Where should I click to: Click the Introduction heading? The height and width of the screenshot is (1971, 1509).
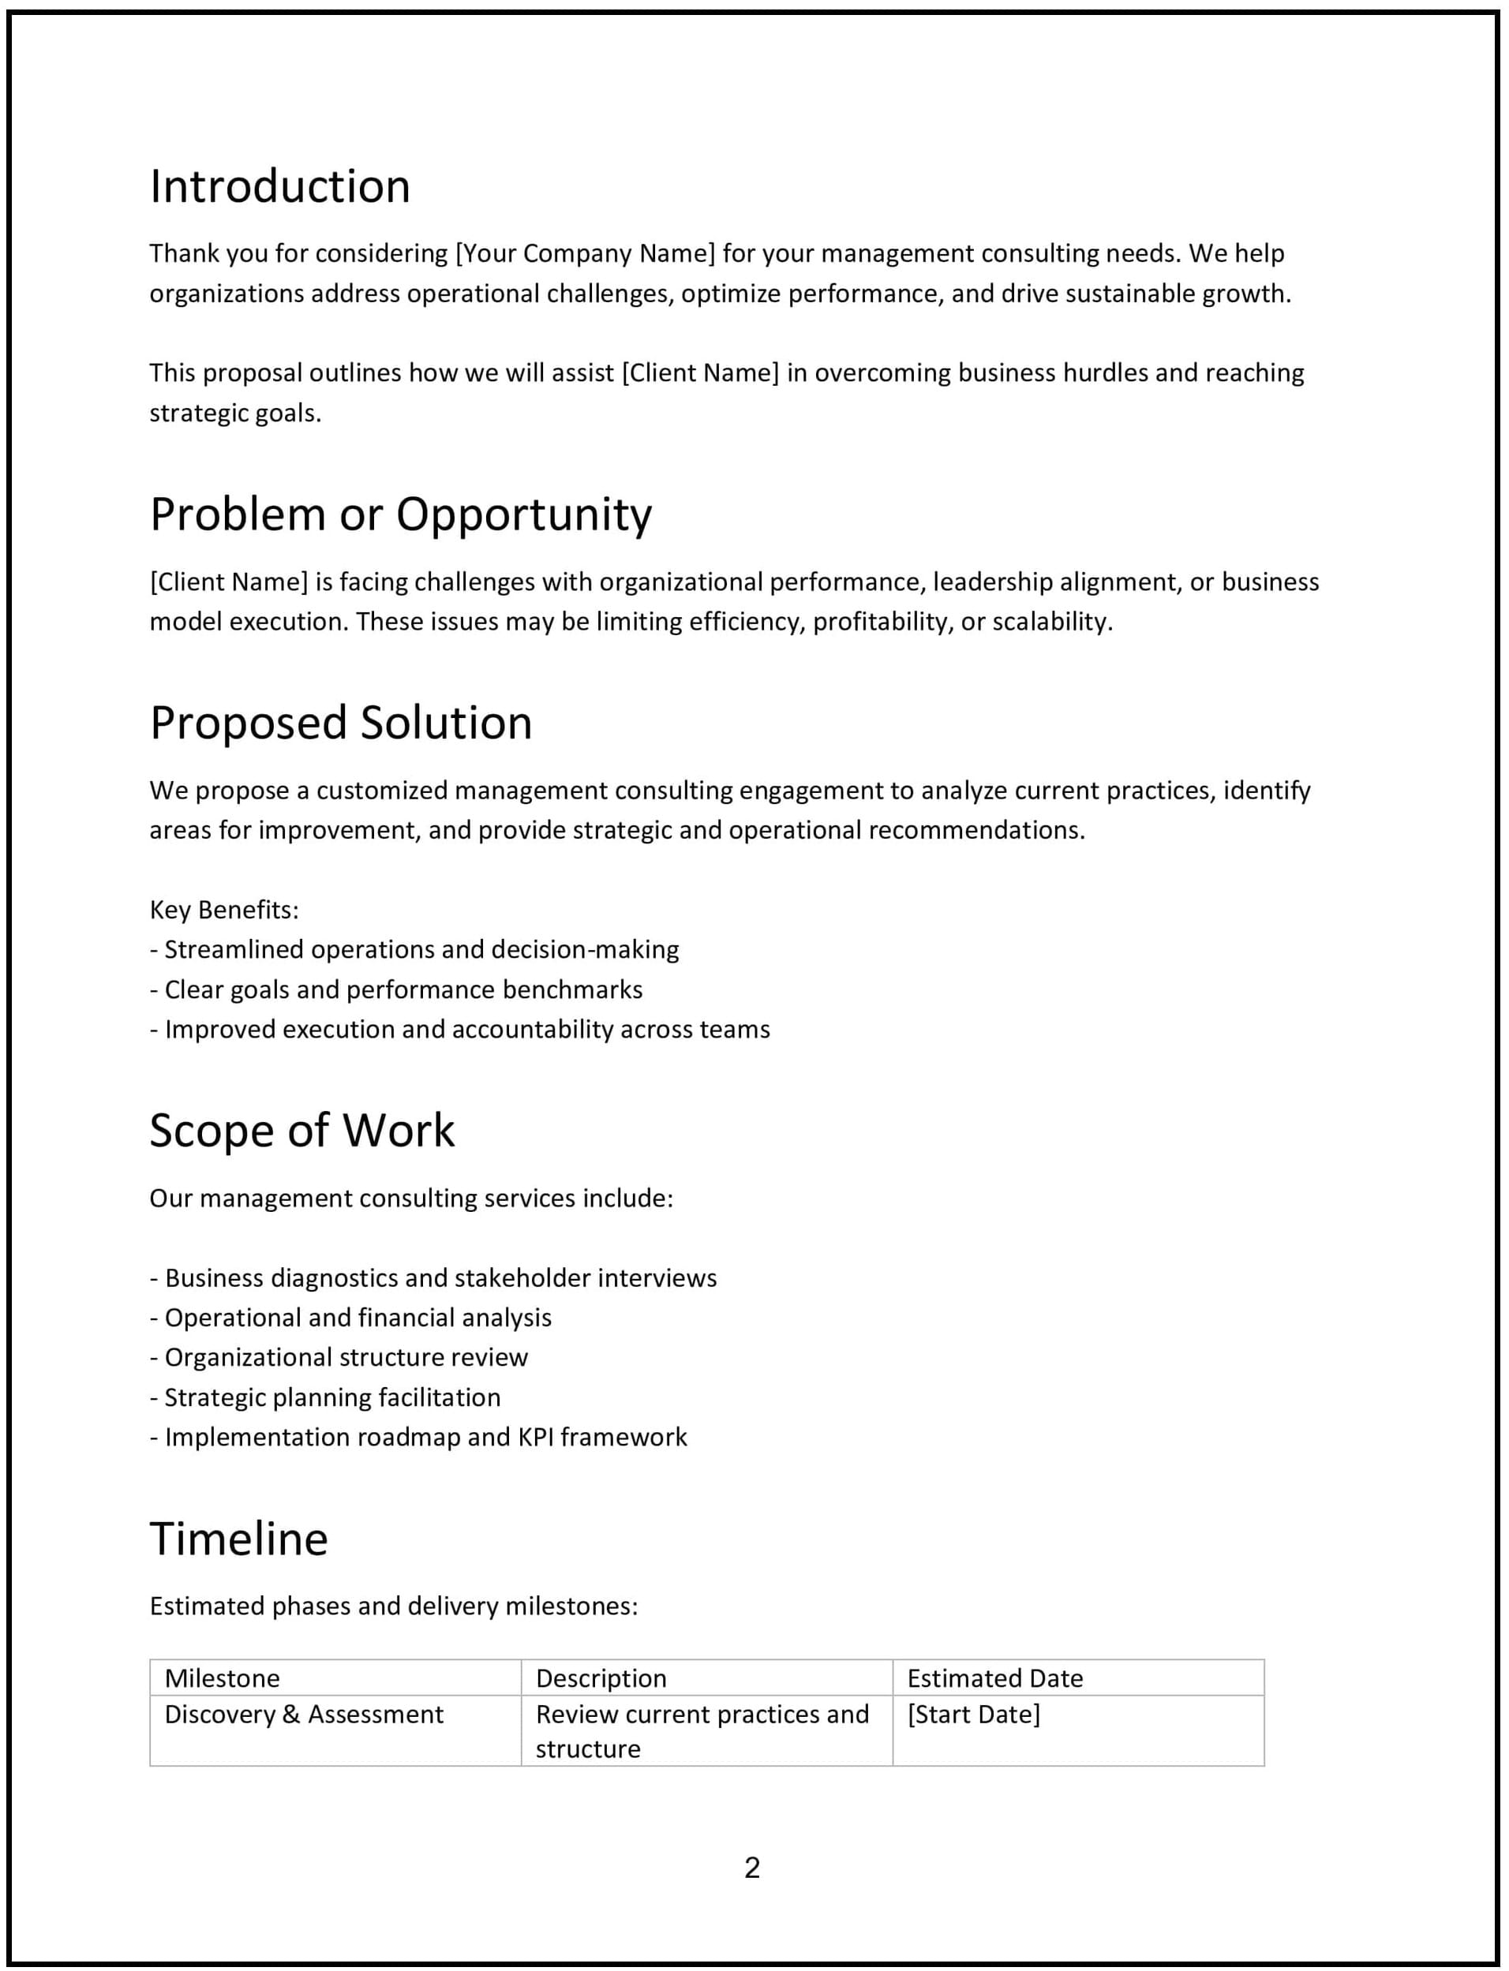tap(279, 187)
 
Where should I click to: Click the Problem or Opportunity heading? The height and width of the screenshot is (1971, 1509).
tap(401, 514)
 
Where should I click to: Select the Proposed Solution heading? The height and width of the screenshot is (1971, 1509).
tap(340, 723)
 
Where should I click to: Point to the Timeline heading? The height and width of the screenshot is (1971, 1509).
tap(239, 1539)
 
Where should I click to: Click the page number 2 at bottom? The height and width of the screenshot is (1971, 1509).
tap(753, 1868)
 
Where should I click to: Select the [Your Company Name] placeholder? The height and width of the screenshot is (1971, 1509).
tap(586, 253)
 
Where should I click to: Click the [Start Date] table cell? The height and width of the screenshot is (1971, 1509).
tap(974, 1715)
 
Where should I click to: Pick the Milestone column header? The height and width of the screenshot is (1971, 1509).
tap(222, 1678)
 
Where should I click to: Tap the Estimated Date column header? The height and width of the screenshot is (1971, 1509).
tap(994, 1678)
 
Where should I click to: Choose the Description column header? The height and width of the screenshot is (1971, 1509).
tap(601, 1678)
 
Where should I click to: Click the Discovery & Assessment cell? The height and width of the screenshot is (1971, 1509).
tap(304, 1715)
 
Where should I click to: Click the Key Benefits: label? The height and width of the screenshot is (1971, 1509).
tap(223, 910)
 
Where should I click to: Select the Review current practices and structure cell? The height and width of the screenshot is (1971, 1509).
tap(702, 1731)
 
